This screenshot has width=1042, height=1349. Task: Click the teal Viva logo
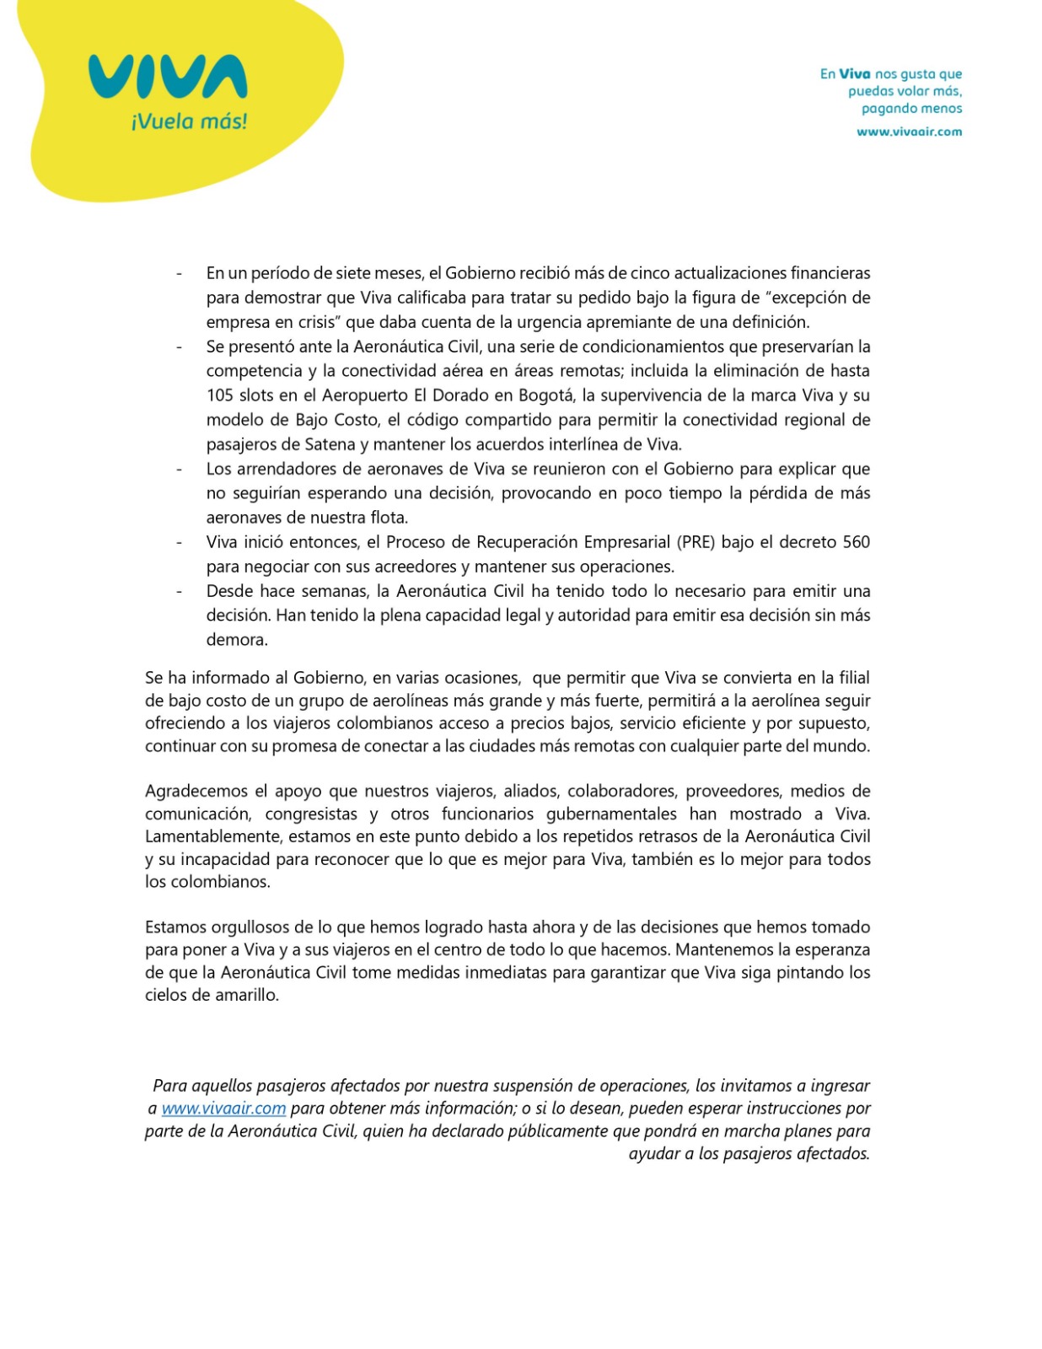167,77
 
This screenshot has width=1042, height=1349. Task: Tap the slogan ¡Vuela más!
189,121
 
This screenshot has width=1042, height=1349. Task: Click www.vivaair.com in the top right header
909,132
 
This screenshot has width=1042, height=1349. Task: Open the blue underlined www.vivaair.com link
223,1108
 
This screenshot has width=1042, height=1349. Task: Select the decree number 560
856,542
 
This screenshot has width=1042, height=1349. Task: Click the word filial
851,678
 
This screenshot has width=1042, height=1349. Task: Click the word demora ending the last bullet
236,640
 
